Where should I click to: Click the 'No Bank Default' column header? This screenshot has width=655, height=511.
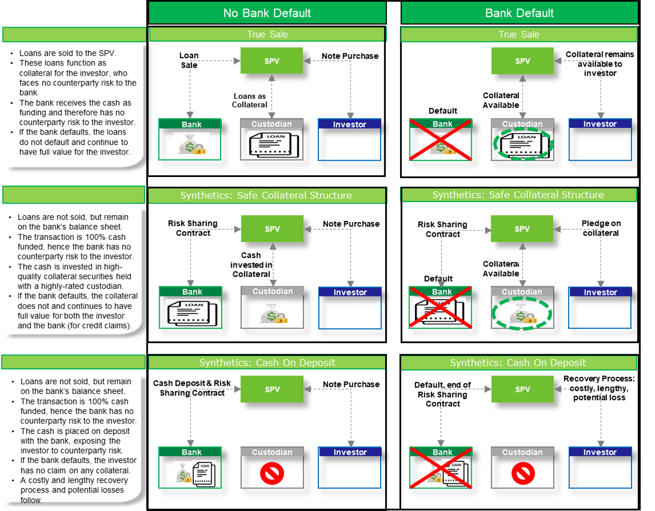pos(267,13)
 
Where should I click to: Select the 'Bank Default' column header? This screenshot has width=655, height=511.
pos(519,13)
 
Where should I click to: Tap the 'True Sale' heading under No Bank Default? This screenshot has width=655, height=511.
pos(267,35)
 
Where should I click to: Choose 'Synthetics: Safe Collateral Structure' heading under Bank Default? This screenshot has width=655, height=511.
pos(518,195)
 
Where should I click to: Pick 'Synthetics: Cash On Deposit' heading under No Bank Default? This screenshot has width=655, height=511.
pos(267,363)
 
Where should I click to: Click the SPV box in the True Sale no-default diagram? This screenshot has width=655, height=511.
pos(272,61)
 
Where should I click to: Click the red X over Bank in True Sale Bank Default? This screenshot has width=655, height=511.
pos(441,140)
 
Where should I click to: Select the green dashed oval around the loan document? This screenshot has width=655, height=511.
pos(523,144)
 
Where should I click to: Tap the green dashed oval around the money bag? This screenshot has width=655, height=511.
pos(522,313)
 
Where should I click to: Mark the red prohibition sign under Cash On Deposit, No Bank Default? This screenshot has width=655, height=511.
pos(271,473)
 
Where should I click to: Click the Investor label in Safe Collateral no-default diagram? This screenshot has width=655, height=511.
pos(350,293)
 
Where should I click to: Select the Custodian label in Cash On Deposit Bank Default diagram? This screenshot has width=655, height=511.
pos(522,452)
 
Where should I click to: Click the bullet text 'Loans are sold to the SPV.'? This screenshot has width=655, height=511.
pos(68,53)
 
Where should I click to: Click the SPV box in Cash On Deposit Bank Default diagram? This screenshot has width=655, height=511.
pos(522,389)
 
